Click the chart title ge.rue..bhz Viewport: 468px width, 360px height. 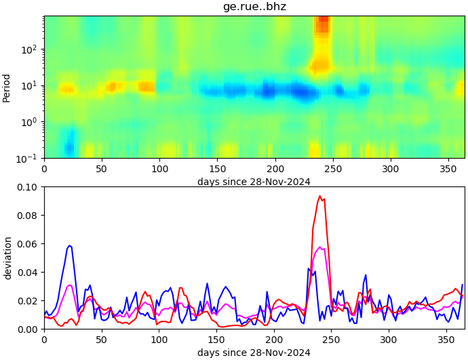tap(254, 7)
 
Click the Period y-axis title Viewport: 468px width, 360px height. tap(7, 87)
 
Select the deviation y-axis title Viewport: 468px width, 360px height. tap(7, 258)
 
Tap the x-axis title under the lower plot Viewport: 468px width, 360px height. tap(254, 353)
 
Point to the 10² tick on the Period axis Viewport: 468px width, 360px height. tap(29, 49)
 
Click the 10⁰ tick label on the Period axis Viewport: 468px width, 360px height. tap(29, 122)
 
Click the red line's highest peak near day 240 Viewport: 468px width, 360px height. tap(320, 196)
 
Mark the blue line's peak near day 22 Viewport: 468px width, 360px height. tap(69, 245)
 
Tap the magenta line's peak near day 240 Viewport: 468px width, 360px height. tap(320, 247)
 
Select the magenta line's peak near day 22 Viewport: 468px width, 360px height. tap(69, 285)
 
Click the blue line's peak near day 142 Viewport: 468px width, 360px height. tap(208, 283)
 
